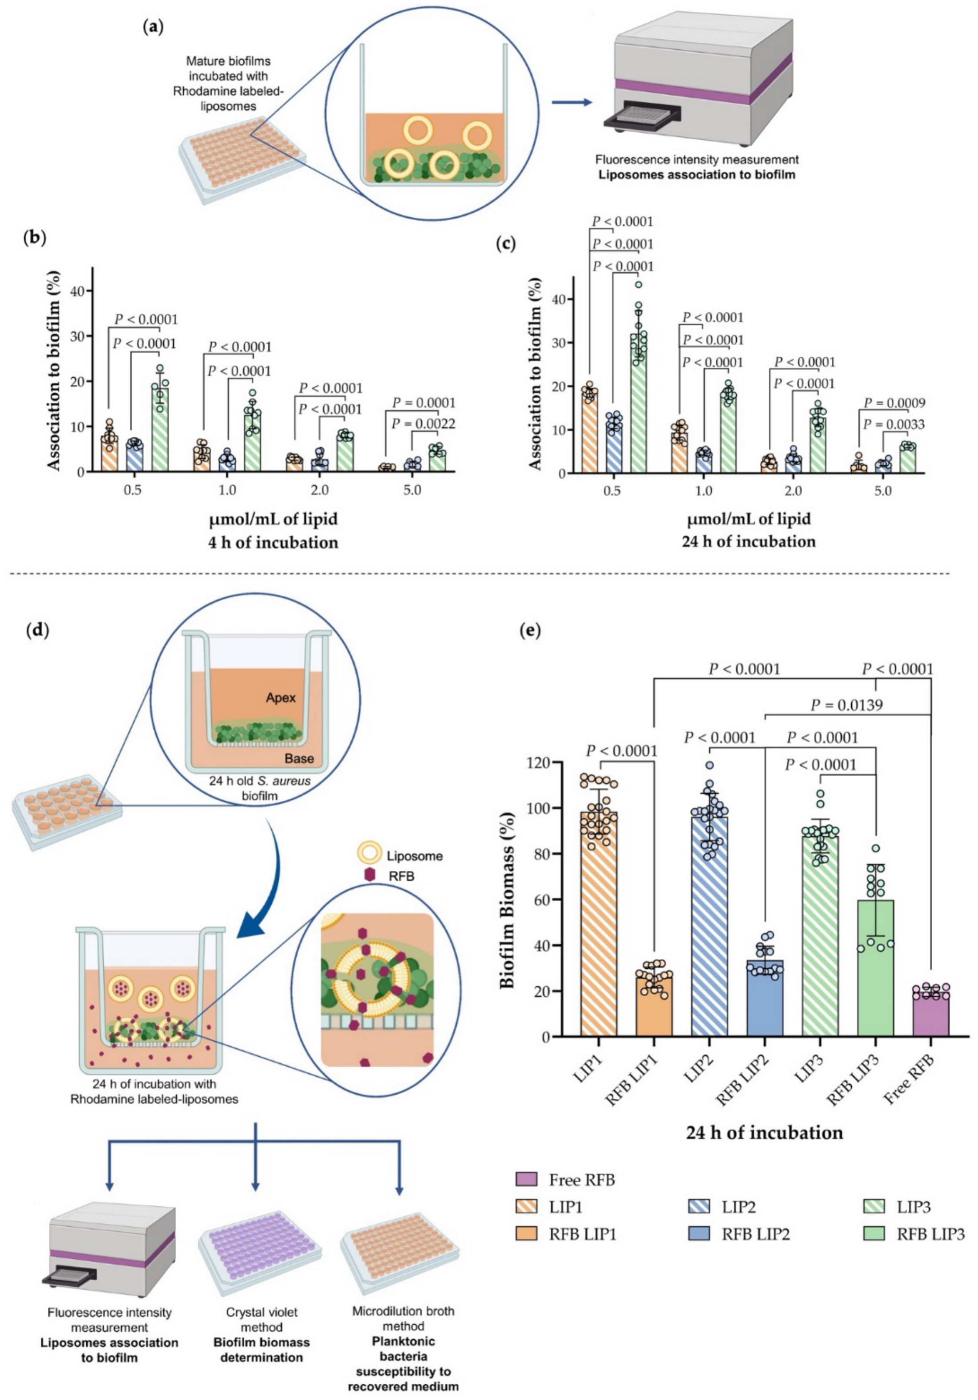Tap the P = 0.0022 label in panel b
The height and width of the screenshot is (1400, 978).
[x=423, y=424]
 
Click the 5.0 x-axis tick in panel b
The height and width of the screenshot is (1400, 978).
[x=412, y=490]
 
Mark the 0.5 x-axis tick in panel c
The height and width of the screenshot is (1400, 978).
[x=614, y=491]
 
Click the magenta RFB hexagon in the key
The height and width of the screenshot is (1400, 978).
[x=368, y=875]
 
